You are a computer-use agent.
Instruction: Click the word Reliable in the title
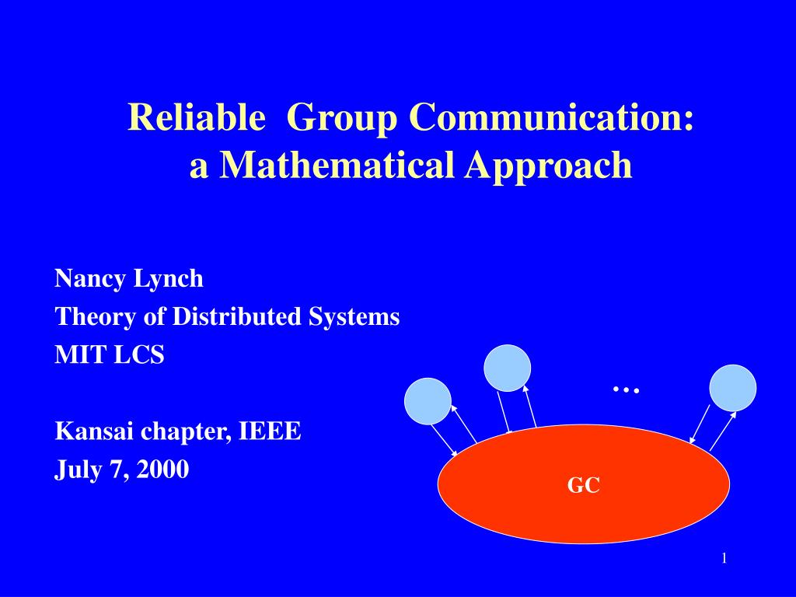pos(196,117)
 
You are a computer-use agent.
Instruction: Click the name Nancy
pos(90,279)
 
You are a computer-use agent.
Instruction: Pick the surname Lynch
pos(169,279)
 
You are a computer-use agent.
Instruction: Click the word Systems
pos(354,317)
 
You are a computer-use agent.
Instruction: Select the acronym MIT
pos(80,354)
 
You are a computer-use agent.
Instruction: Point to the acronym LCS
pos(139,354)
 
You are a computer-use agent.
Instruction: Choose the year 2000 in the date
pos(162,469)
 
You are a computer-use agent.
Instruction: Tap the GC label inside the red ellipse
pos(584,485)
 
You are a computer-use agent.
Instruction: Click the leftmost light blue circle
pos(428,401)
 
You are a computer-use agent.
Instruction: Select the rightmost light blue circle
pos(732,388)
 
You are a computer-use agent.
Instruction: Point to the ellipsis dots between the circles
pos(626,390)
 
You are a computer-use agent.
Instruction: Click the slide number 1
pos(724,558)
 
